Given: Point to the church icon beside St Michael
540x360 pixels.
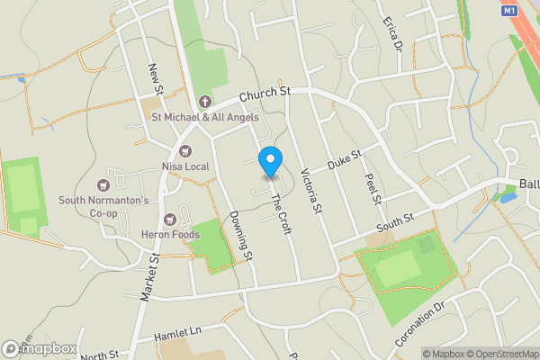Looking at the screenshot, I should (x=204, y=101).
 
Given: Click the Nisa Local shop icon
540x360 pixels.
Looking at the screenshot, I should (x=186, y=151).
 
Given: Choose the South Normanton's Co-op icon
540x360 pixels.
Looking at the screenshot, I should (x=115, y=173).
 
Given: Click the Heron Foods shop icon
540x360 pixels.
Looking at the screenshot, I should (x=169, y=219).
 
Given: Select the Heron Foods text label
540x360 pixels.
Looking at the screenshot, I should (x=167, y=234).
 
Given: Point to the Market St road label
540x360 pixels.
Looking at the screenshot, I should (x=149, y=276).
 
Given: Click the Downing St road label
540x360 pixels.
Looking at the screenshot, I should (x=241, y=237).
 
